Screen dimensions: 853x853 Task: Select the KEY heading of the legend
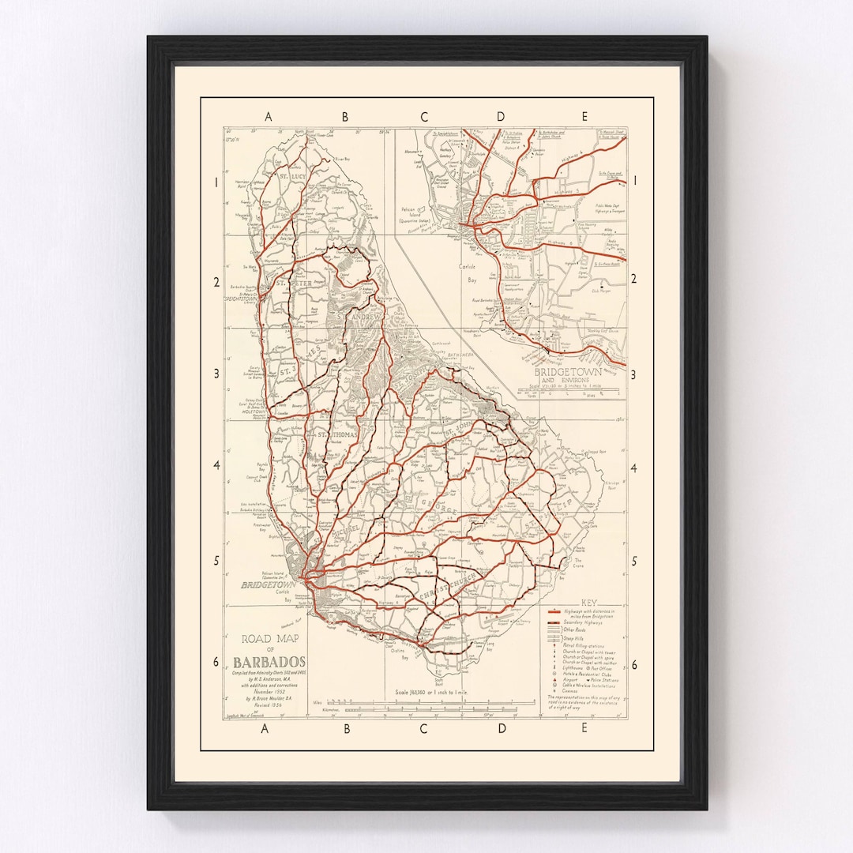pos(588,600)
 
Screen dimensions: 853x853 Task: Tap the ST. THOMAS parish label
pos(338,435)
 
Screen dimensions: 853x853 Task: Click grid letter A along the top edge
pos(268,117)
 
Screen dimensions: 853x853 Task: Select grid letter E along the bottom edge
pos(584,729)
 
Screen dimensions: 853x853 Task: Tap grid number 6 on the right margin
pos(633,663)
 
